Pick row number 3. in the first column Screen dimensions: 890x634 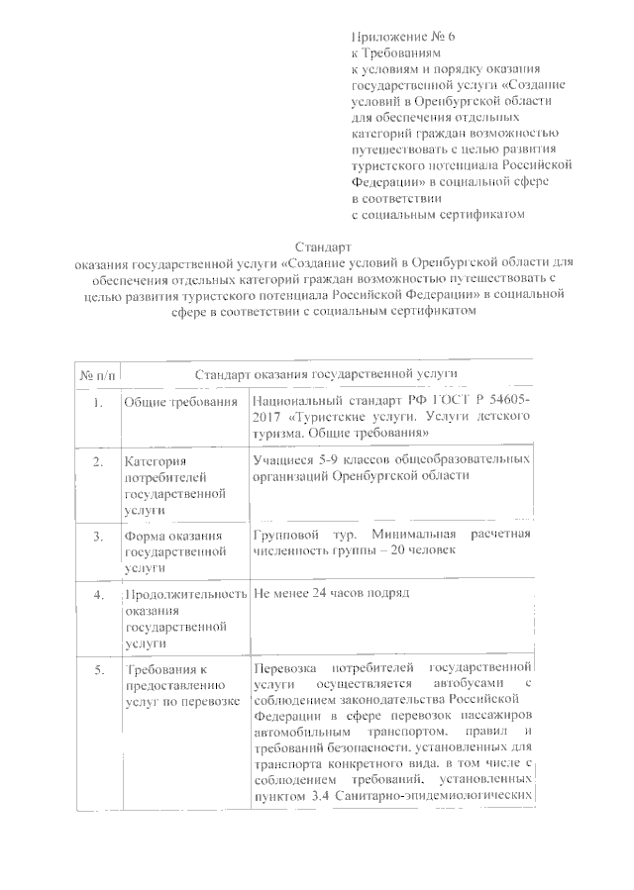[96, 537]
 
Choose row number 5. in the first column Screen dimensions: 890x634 [96, 671]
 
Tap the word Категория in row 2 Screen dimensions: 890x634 [157, 461]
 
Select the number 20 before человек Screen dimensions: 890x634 [407, 551]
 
